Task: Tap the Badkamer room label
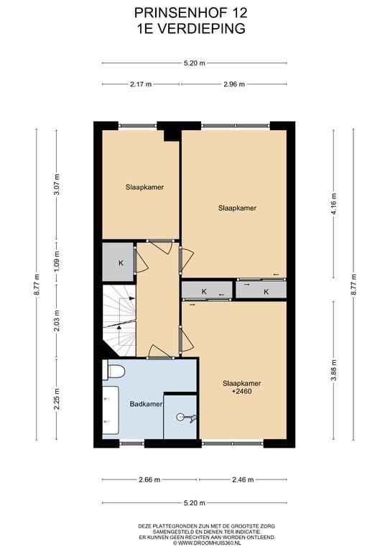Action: tap(146, 404)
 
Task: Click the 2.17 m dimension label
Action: tap(141, 84)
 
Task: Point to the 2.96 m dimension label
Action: tap(234, 84)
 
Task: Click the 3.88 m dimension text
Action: tap(334, 369)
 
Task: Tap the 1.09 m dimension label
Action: tap(57, 262)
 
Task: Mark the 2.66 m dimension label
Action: tap(149, 479)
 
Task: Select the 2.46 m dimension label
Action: tap(243, 479)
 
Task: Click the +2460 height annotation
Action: tap(242, 391)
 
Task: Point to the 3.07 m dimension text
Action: tap(57, 185)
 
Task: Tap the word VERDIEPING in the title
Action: tap(200, 29)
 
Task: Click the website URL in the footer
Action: tap(207, 543)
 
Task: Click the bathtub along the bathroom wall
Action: tap(111, 410)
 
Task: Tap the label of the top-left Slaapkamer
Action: tap(144, 188)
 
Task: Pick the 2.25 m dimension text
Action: tap(57, 399)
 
